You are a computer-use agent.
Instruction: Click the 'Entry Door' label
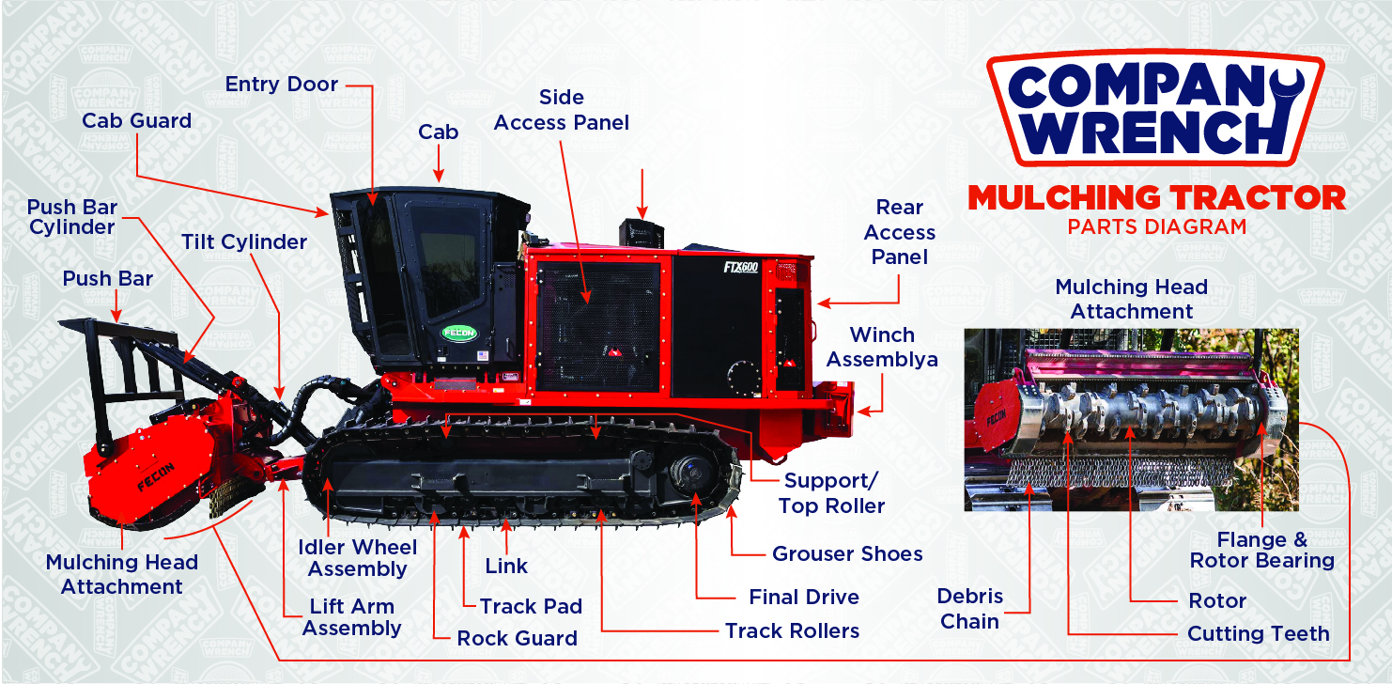pos(282,84)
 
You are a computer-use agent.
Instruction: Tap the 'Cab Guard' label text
pos(137,120)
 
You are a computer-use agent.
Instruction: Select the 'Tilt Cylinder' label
pos(244,241)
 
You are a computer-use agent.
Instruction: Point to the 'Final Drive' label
pos(804,597)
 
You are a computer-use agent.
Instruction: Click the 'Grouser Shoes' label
pos(847,554)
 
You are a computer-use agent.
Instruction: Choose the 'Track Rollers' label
pos(793,631)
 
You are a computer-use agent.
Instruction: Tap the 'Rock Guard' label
pos(517,639)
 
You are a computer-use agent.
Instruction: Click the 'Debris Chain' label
pos(970,609)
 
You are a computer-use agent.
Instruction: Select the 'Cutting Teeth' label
pos(1259,633)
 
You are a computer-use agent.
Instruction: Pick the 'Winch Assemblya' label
pos(882,347)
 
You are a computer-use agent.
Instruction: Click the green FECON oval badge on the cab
pos(459,333)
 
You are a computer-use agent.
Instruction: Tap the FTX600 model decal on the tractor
pos(741,268)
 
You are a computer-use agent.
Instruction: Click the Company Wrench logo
pos(1156,107)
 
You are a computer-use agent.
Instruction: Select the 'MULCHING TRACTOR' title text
pos(1156,198)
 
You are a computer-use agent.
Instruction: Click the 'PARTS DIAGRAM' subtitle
pos(1157,227)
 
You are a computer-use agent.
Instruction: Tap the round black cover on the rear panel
pos(744,377)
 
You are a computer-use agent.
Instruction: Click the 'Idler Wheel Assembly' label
pos(357,558)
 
